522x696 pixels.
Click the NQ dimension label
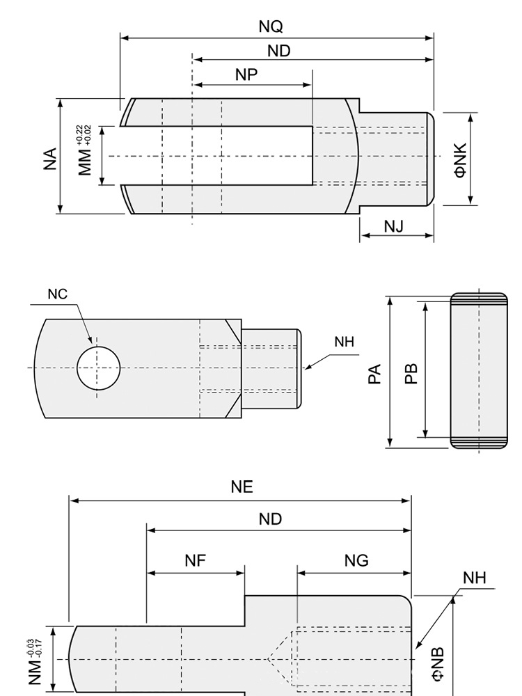[x=271, y=26]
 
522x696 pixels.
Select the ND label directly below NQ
[x=278, y=51]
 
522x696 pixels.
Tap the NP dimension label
[x=246, y=74]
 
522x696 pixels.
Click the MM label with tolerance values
[x=85, y=155]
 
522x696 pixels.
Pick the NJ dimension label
[x=393, y=226]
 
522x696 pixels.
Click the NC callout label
[x=58, y=294]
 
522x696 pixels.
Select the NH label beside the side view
[x=344, y=342]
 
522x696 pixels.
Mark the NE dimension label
[x=242, y=487]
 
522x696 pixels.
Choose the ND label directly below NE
[x=271, y=519]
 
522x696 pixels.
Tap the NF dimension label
[x=196, y=561]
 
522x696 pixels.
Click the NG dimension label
[x=356, y=561]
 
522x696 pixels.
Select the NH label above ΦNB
[x=475, y=578]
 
